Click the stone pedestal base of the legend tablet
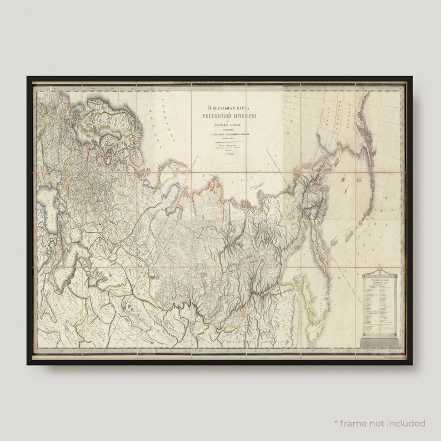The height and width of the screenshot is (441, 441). (x=380, y=342)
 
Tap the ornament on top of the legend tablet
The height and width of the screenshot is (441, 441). (x=380, y=274)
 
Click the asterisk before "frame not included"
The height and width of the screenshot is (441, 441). (x=336, y=423)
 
